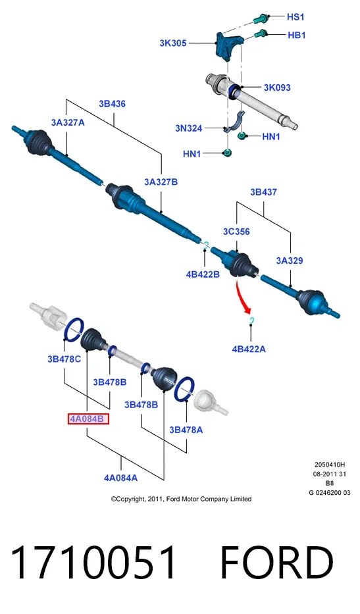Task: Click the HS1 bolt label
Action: pyautogui.click(x=296, y=17)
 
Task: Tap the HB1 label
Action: pyautogui.click(x=297, y=36)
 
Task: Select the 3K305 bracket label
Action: pyautogui.click(x=172, y=43)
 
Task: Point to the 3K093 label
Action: pyautogui.click(x=277, y=88)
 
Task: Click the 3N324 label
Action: pyautogui.click(x=189, y=128)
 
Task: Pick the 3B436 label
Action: pyautogui.click(x=112, y=104)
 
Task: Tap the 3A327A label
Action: pyautogui.click(x=68, y=122)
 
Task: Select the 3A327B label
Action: pyautogui.click(x=161, y=182)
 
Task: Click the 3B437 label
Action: pyautogui.click(x=264, y=192)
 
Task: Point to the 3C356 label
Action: pyautogui.click(x=236, y=232)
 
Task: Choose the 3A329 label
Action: pyautogui.click(x=290, y=261)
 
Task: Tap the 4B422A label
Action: pyautogui.click(x=249, y=349)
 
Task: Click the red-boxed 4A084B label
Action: pyautogui.click(x=88, y=419)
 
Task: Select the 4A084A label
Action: pyautogui.click(x=120, y=478)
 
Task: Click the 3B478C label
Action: pyautogui.click(x=64, y=359)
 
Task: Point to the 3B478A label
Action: pyautogui.click(x=186, y=430)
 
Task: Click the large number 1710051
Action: pyautogui.click(x=94, y=562)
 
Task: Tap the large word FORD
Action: pyautogui.click(x=277, y=562)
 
